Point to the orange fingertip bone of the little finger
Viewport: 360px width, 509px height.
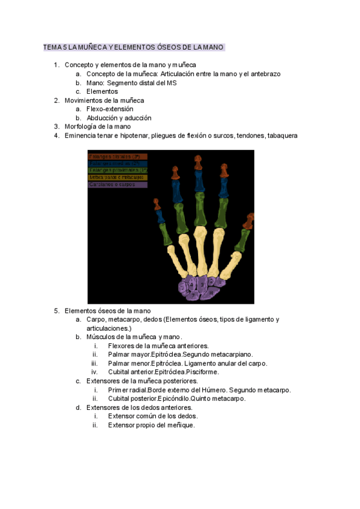coord(157,205)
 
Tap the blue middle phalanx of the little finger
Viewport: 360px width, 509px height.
coord(161,217)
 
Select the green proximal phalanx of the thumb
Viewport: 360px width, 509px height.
coord(242,239)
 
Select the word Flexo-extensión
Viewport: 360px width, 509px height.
coord(110,109)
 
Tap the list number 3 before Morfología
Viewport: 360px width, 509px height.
coord(56,127)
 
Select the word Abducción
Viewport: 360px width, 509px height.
coord(103,118)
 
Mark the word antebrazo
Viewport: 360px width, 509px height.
coord(265,74)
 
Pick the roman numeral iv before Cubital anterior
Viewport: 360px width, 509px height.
coord(95,372)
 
